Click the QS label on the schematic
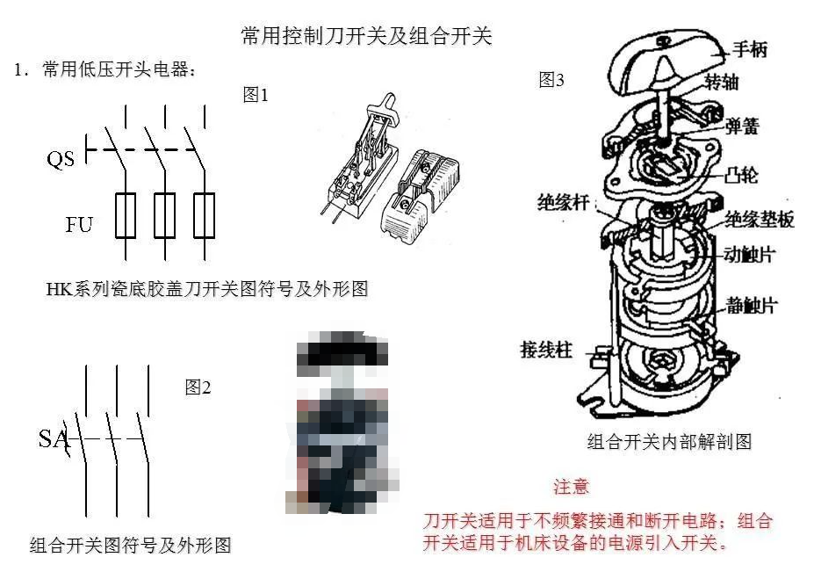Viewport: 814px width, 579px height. (61, 158)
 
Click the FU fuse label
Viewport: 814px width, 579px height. (79, 224)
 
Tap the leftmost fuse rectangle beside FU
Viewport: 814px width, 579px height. (126, 215)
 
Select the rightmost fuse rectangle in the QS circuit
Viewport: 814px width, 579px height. (204, 215)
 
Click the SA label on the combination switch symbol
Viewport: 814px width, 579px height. (53, 438)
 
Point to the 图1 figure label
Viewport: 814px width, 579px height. (256, 95)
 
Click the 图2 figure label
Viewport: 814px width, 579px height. (198, 387)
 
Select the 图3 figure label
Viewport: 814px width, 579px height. (551, 79)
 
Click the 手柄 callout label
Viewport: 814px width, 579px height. (750, 49)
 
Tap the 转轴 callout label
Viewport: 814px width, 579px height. (722, 82)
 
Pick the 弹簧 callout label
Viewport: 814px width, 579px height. (742, 127)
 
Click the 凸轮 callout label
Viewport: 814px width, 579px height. (741, 175)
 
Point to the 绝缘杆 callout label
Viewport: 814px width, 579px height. (563, 202)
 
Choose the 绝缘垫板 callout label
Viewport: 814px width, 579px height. (760, 219)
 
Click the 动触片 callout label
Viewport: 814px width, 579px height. (750, 255)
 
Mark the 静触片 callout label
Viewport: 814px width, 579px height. (751, 306)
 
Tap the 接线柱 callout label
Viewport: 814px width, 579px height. (546, 350)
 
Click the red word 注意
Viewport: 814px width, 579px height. (571, 487)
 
